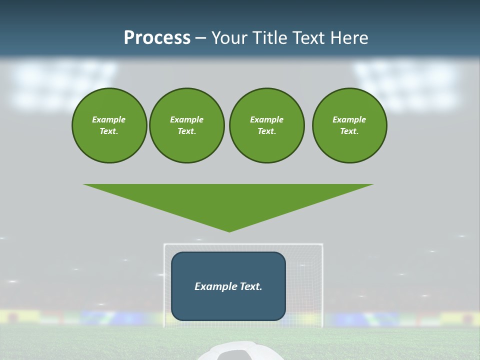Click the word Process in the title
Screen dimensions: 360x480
click(x=157, y=38)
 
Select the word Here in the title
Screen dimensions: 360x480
click(x=348, y=38)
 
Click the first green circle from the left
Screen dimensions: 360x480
click(x=109, y=125)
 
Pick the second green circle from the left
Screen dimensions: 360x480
click(x=187, y=125)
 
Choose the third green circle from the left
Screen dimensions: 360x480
click(x=266, y=125)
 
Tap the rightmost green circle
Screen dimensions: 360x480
click(x=349, y=125)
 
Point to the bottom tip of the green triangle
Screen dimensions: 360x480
click(x=229, y=231)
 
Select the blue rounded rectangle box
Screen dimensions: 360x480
click(x=228, y=305)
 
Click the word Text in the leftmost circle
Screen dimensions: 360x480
click(x=108, y=131)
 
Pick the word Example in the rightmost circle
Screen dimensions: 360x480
click(x=349, y=119)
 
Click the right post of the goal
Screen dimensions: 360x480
click(x=322, y=285)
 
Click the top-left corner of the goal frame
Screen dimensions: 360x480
click(x=164, y=244)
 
